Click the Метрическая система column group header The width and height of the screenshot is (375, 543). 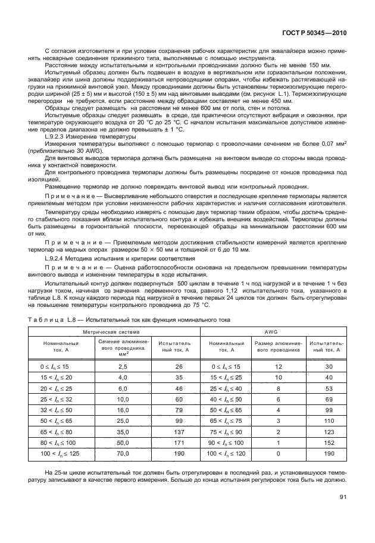tap(111, 331)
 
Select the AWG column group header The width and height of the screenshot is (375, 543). tap(272, 331)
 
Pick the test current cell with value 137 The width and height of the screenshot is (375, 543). tap(179, 432)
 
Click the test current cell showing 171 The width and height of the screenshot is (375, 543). tap(179, 444)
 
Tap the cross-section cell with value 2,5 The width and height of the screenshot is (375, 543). tap(124, 367)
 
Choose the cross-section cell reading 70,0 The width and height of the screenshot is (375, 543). tap(124, 454)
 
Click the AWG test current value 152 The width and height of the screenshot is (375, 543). tap(327, 444)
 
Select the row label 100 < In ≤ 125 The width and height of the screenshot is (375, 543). tap(62, 454)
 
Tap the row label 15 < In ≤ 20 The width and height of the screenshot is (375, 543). tap(62, 378)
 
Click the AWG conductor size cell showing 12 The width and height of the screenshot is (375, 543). tap(278, 367)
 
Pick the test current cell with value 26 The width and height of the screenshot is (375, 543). tap(179, 367)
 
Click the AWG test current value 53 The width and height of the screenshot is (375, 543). tap(327, 389)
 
